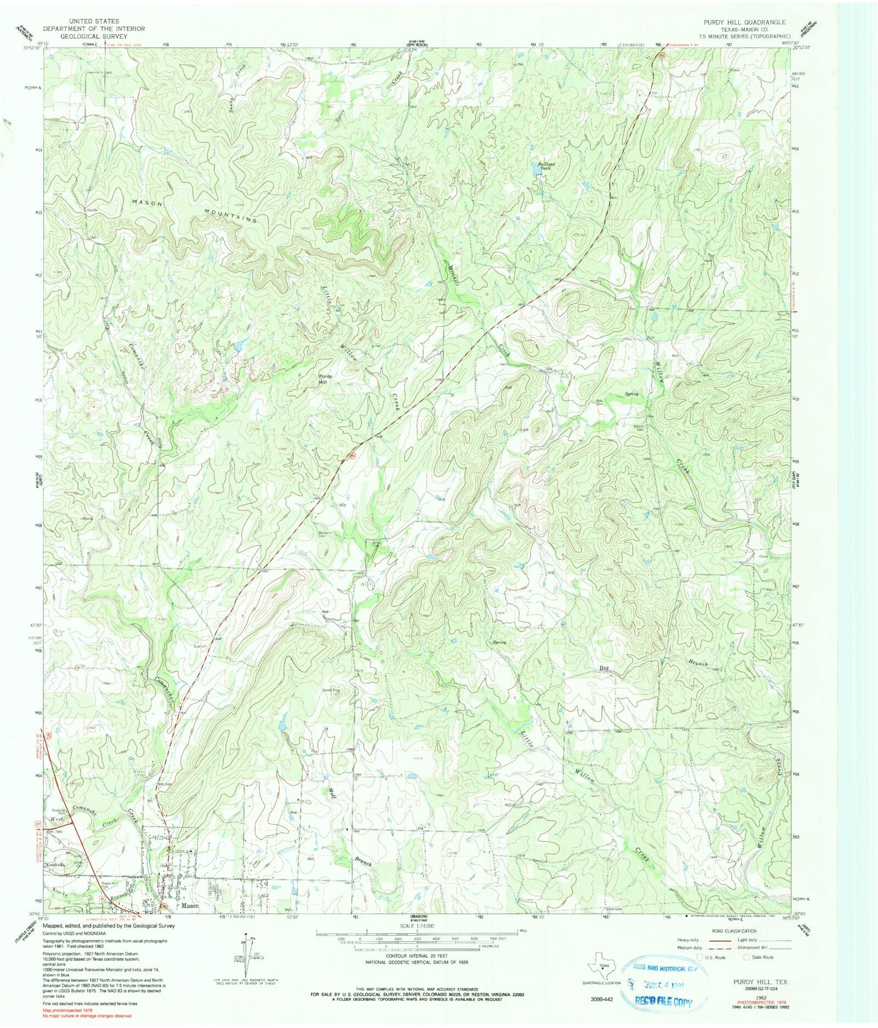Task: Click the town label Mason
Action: click(x=190, y=906)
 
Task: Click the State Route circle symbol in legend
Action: click(x=746, y=957)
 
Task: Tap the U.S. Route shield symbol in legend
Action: click(x=700, y=957)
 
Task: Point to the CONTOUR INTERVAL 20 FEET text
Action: click(x=417, y=956)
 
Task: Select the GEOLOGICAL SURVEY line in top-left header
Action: click(x=94, y=36)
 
